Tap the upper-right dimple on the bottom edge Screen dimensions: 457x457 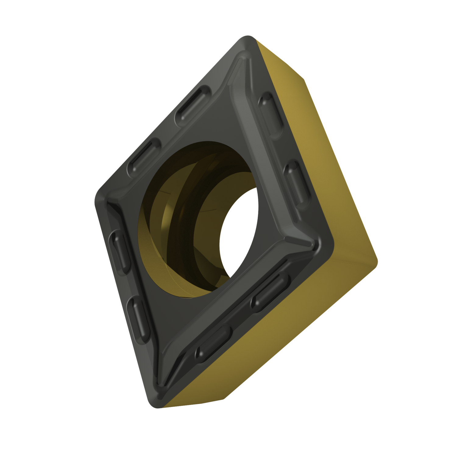click(x=269, y=289)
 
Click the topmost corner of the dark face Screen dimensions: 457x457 click(x=248, y=41)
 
